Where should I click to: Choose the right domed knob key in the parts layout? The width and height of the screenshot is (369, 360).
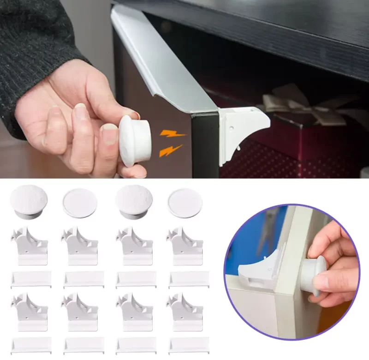(x=134, y=201)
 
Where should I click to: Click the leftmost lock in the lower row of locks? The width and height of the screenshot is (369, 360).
(x=30, y=312)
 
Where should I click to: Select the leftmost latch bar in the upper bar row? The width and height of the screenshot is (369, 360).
(x=31, y=279)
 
